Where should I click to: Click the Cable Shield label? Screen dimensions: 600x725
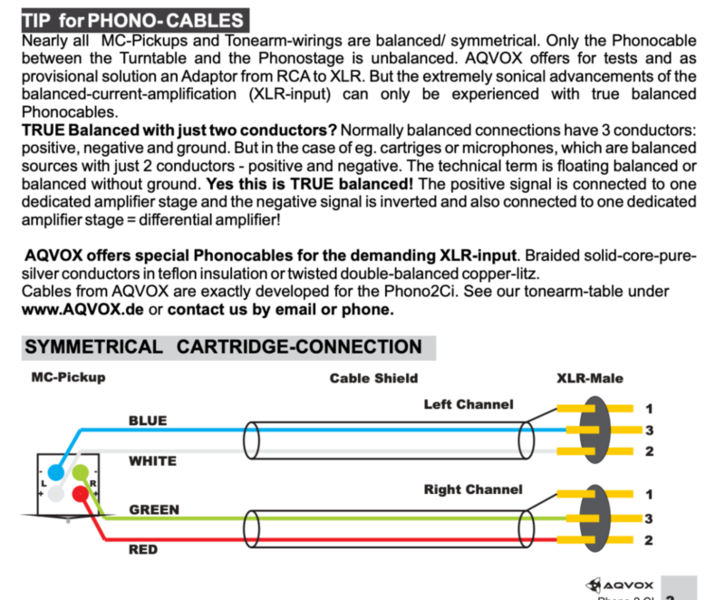(374, 379)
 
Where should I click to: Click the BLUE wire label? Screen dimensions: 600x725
(148, 420)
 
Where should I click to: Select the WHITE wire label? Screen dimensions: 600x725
(152, 461)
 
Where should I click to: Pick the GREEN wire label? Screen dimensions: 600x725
(154, 509)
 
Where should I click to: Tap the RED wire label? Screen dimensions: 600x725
(143, 549)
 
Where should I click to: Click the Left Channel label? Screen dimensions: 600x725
(468, 404)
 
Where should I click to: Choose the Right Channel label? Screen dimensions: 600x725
(473, 489)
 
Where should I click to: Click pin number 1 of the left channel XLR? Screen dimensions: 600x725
(649, 408)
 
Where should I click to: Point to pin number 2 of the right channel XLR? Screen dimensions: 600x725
(649, 541)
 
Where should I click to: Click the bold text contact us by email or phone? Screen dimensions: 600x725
(281, 309)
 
